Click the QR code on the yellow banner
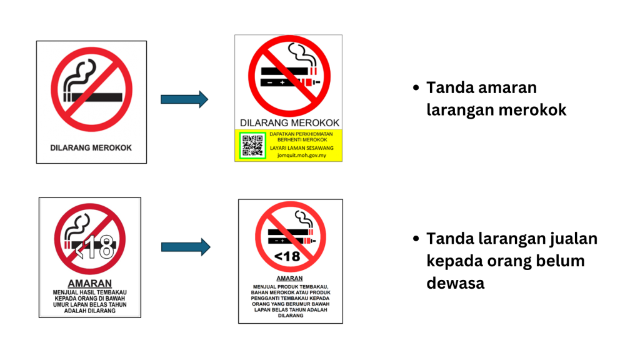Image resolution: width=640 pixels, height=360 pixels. [x=252, y=145]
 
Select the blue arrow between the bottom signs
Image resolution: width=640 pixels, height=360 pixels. [x=186, y=247]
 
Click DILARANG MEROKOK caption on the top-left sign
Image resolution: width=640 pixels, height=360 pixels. [x=91, y=148]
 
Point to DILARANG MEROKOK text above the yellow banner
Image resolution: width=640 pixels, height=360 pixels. [x=289, y=123]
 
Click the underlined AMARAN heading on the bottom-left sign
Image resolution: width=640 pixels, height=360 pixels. [x=89, y=283]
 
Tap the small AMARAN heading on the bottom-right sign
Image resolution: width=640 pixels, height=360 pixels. [x=290, y=278]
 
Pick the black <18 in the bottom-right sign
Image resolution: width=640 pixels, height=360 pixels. [x=287, y=256]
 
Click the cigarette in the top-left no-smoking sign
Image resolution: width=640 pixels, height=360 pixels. [x=94, y=97]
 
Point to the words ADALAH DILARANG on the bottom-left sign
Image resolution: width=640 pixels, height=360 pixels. [x=89, y=311]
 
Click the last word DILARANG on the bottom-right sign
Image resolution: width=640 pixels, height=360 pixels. [x=291, y=316]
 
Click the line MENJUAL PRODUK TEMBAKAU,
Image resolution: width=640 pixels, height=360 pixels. [x=291, y=287]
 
